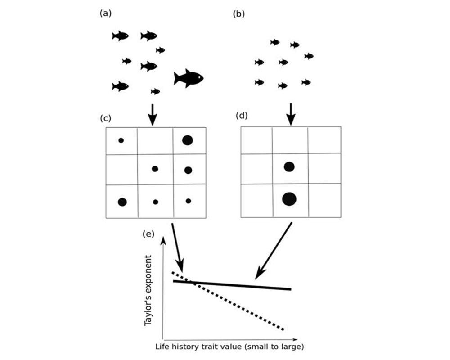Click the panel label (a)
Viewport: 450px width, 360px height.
pos(105,13)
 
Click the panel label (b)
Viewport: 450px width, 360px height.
pos(238,14)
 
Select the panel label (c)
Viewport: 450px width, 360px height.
pos(105,119)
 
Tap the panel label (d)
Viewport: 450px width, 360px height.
pos(242,116)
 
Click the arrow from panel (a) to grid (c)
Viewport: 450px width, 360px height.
pos(153,114)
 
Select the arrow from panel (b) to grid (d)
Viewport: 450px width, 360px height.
pos(291,114)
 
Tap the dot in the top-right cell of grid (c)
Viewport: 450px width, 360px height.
pos(188,140)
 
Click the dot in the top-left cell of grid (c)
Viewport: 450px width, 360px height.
pos(121,140)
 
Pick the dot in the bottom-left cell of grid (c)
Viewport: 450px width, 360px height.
pos(122,202)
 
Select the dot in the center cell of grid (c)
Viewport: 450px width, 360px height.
pos(155,169)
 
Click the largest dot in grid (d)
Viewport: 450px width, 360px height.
pos(289,198)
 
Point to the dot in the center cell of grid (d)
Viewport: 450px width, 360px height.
pos(289,167)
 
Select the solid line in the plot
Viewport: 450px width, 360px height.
pos(234,285)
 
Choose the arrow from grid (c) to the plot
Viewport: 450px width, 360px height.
pos(177,247)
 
